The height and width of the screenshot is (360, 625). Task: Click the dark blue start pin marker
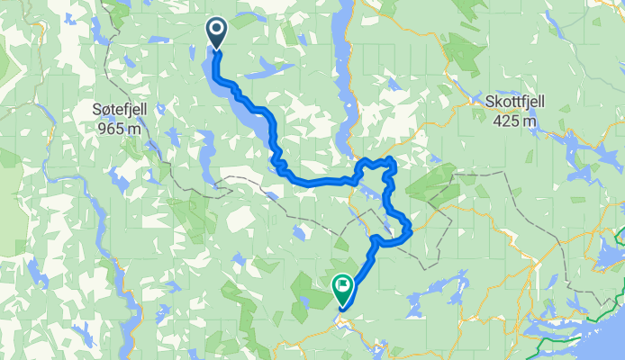[218, 33]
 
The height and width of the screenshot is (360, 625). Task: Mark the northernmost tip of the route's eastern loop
[389, 159]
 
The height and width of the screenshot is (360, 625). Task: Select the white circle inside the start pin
[218, 30]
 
